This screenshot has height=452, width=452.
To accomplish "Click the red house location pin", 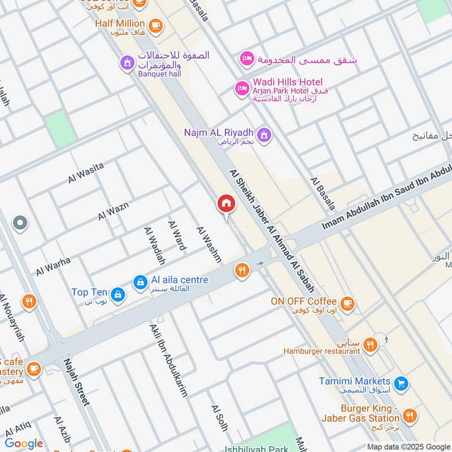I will pyautogui.click(x=226, y=204).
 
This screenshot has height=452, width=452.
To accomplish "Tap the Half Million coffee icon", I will pyautogui.click(x=155, y=24).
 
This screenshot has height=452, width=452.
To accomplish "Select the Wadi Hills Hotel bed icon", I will pyautogui.click(x=242, y=88).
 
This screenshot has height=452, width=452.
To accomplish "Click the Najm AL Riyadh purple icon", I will pyautogui.click(x=263, y=134).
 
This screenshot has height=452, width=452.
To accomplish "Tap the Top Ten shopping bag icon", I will pyautogui.click(x=117, y=293).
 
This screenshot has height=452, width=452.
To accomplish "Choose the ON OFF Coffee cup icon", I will pyautogui.click(x=348, y=302).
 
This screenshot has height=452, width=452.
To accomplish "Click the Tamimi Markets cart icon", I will pyautogui.click(x=401, y=383).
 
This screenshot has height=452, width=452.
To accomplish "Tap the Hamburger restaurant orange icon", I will pyautogui.click(x=370, y=344).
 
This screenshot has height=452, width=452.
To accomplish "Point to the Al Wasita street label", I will pyautogui.click(x=86, y=172).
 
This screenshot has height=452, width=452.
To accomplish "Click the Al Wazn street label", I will pyautogui.click(x=113, y=211).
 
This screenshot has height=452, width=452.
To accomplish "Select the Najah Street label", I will pyautogui.click(x=76, y=381).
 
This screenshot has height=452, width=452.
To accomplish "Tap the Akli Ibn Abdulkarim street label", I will pyautogui.click(x=168, y=360).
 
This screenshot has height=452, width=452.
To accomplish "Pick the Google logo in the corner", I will pyautogui.click(x=24, y=444).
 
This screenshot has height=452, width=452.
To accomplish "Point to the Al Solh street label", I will pyautogui.click(x=219, y=418).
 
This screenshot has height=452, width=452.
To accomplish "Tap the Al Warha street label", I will pyautogui.click(x=54, y=266).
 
